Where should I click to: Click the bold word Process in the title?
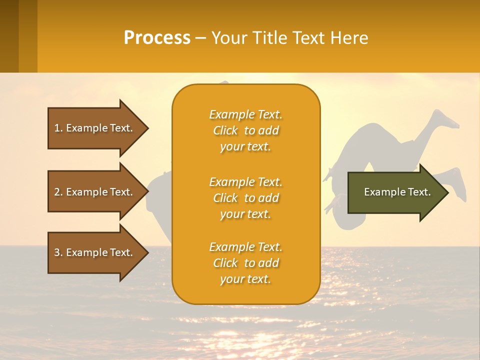click(157, 37)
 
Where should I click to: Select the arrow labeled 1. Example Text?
click(95, 128)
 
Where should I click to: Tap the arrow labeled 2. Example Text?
click(95, 192)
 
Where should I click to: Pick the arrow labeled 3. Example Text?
click(95, 252)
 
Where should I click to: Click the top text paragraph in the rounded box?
click(245, 130)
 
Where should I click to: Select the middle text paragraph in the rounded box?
click(245, 198)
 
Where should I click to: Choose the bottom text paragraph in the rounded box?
click(245, 263)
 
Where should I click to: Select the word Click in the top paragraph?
click(225, 130)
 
